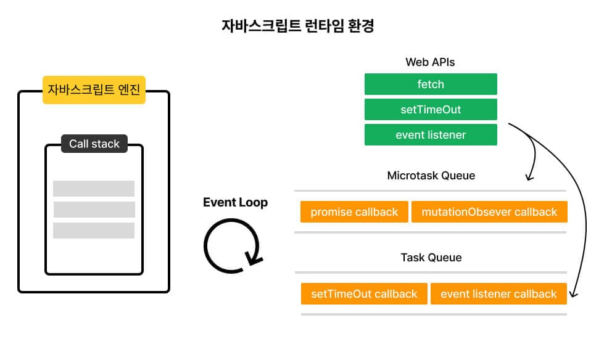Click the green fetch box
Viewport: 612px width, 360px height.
click(x=431, y=84)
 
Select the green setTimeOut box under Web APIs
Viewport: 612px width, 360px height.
click(x=431, y=110)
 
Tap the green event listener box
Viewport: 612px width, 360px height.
click(x=431, y=134)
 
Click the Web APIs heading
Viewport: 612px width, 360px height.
click(x=430, y=62)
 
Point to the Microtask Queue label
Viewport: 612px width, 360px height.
click(x=431, y=176)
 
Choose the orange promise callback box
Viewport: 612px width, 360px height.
click(x=354, y=212)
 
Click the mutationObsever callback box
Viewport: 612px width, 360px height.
click(x=489, y=212)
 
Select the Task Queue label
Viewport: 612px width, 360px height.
click(x=431, y=257)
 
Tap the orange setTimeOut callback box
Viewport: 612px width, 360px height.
click(x=364, y=294)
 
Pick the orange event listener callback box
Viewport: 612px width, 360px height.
click(x=498, y=294)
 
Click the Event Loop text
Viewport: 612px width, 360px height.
click(x=235, y=203)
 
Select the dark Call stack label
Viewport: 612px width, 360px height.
click(x=94, y=144)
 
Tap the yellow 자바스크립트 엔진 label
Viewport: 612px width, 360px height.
click(x=94, y=90)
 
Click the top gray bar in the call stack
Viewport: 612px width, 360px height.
click(x=94, y=189)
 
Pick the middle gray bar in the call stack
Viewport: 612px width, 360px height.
click(x=94, y=210)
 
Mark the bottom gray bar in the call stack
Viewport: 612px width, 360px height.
click(x=94, y=231)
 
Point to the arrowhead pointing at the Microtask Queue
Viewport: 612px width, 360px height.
click(x=529, y=178)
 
